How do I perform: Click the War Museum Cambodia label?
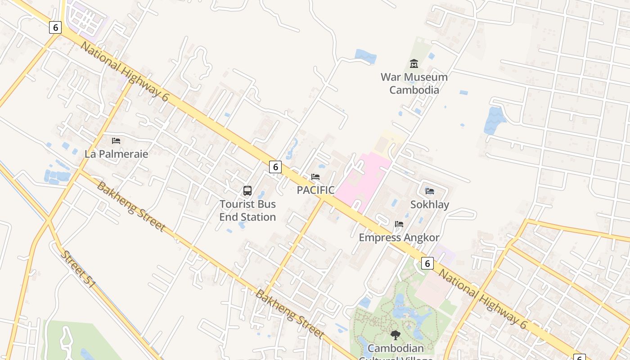[414, 83]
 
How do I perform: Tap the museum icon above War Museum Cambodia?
[414, 64]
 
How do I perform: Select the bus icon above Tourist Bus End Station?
[247, 191]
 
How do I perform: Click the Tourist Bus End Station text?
[247, 211]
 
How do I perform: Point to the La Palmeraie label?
[116, 154]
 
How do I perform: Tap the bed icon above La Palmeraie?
[116, 141]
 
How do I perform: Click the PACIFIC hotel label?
[315, 190]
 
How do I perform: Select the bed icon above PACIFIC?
[315, 177]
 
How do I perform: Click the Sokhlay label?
[430, 205]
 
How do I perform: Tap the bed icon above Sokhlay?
[430, 191]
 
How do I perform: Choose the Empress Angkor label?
[399, 238]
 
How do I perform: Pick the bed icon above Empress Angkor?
[399, 224]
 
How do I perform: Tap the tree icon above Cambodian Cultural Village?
[396, 335]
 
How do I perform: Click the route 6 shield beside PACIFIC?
[275, 167]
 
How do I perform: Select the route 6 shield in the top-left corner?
[55, 27]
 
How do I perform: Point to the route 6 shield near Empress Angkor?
[427, 263]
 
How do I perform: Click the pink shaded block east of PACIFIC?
[364, 180]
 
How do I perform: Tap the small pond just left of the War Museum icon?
[365, 56]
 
